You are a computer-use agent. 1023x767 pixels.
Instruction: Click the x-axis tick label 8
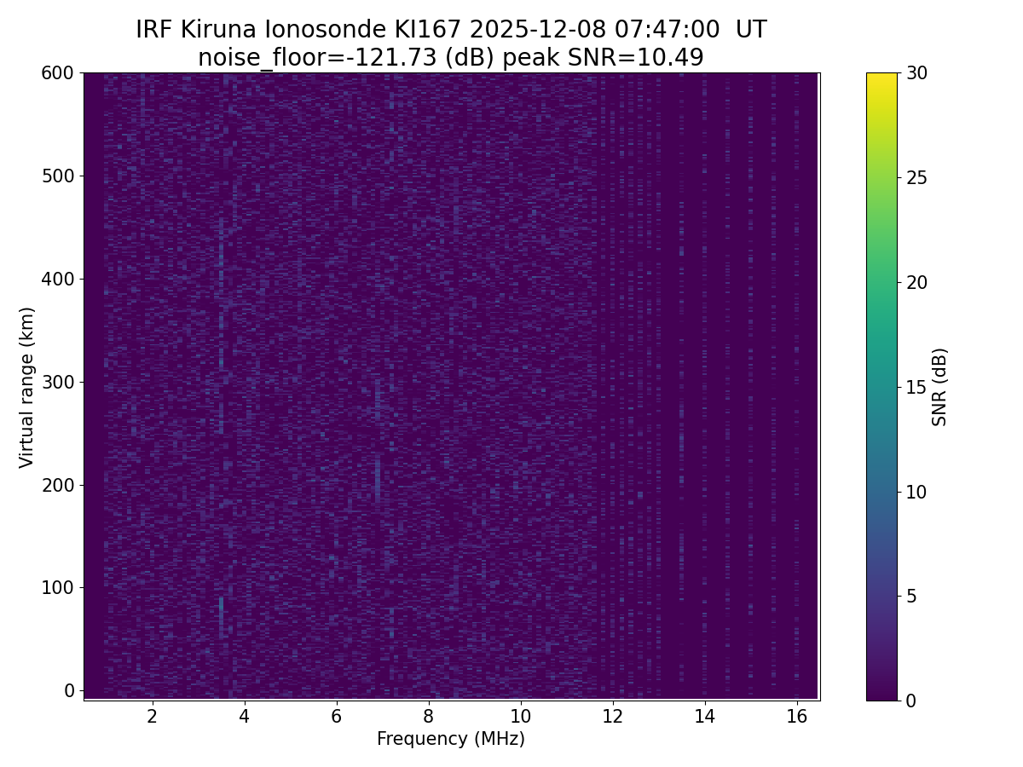[428, 716]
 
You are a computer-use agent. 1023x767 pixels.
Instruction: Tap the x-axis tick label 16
[796, 716]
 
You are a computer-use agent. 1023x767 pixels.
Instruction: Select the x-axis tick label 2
[152, 716]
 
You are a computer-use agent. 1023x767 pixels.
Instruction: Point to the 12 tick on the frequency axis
[612, 716]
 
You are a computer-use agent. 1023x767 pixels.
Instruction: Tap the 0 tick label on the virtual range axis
[70, 690]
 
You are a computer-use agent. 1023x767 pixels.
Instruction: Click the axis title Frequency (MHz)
[451, 739]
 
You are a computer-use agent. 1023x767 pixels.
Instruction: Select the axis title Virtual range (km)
[27, 387]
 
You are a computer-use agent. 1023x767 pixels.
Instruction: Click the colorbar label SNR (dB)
[939, 387]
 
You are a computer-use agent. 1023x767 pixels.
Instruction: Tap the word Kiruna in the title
[218, 30]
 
